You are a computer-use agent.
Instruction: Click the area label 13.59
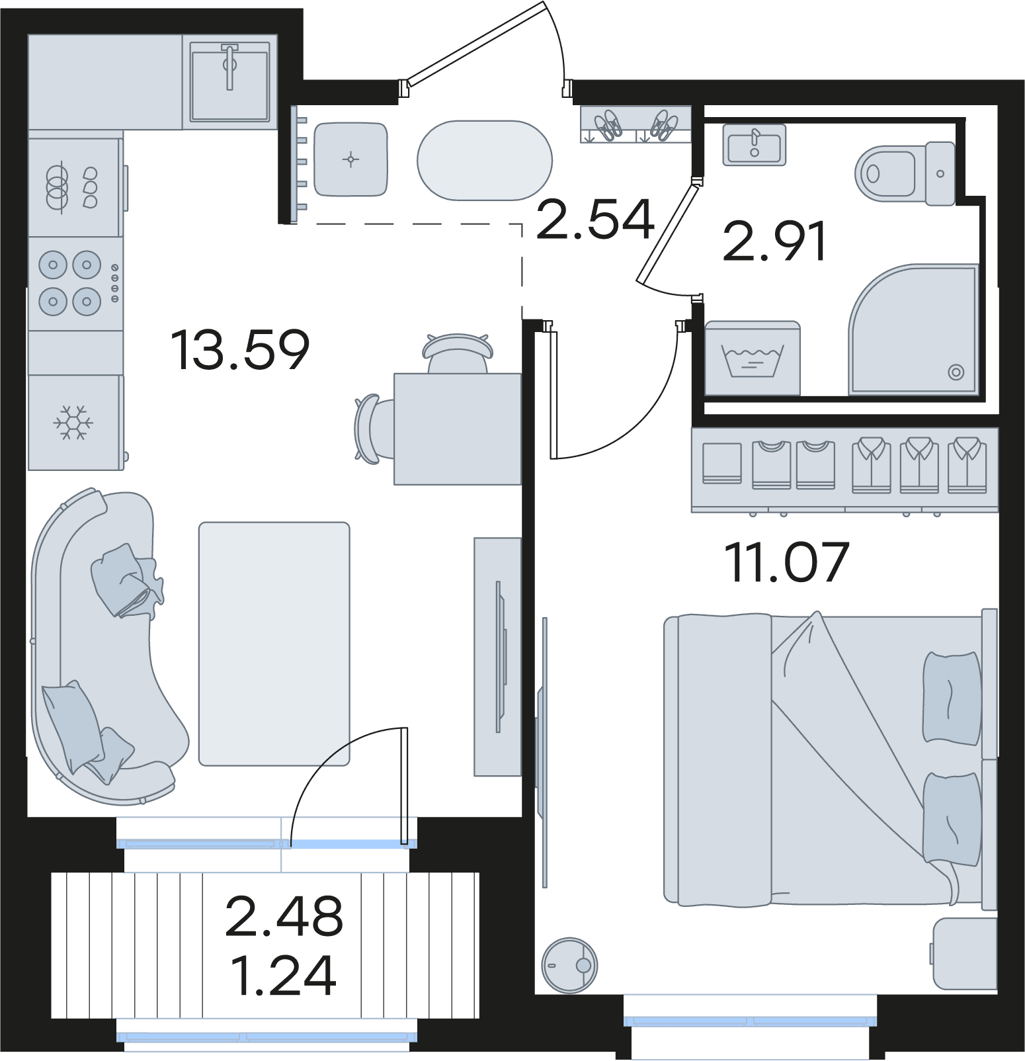pos(240,349)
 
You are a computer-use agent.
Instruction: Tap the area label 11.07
pos(786,562)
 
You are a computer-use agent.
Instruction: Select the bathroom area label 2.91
pos(774,241)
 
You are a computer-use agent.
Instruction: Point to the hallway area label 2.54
pos(595,219)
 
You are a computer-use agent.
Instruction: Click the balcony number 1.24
pos(284,975)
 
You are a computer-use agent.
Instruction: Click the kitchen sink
pos(229,82)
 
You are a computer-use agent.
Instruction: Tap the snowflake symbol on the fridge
pos(73,423)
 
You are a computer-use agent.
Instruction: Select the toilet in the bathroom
pos(905,174)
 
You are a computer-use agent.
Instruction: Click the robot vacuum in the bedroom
pos(569,965)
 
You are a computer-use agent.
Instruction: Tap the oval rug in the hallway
pos(485,160)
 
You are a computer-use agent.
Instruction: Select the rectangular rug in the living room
pos(274,644)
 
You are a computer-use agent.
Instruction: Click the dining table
pos(458,429)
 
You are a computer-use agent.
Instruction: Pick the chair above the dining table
pos(458,353)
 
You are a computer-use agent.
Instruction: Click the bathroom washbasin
pos(755,145)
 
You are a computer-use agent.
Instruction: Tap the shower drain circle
pos(956,372)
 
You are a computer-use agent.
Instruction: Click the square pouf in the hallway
pos(350,159)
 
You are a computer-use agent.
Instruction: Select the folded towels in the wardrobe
pos(721,463)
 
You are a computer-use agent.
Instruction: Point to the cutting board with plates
pos(75,187)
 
